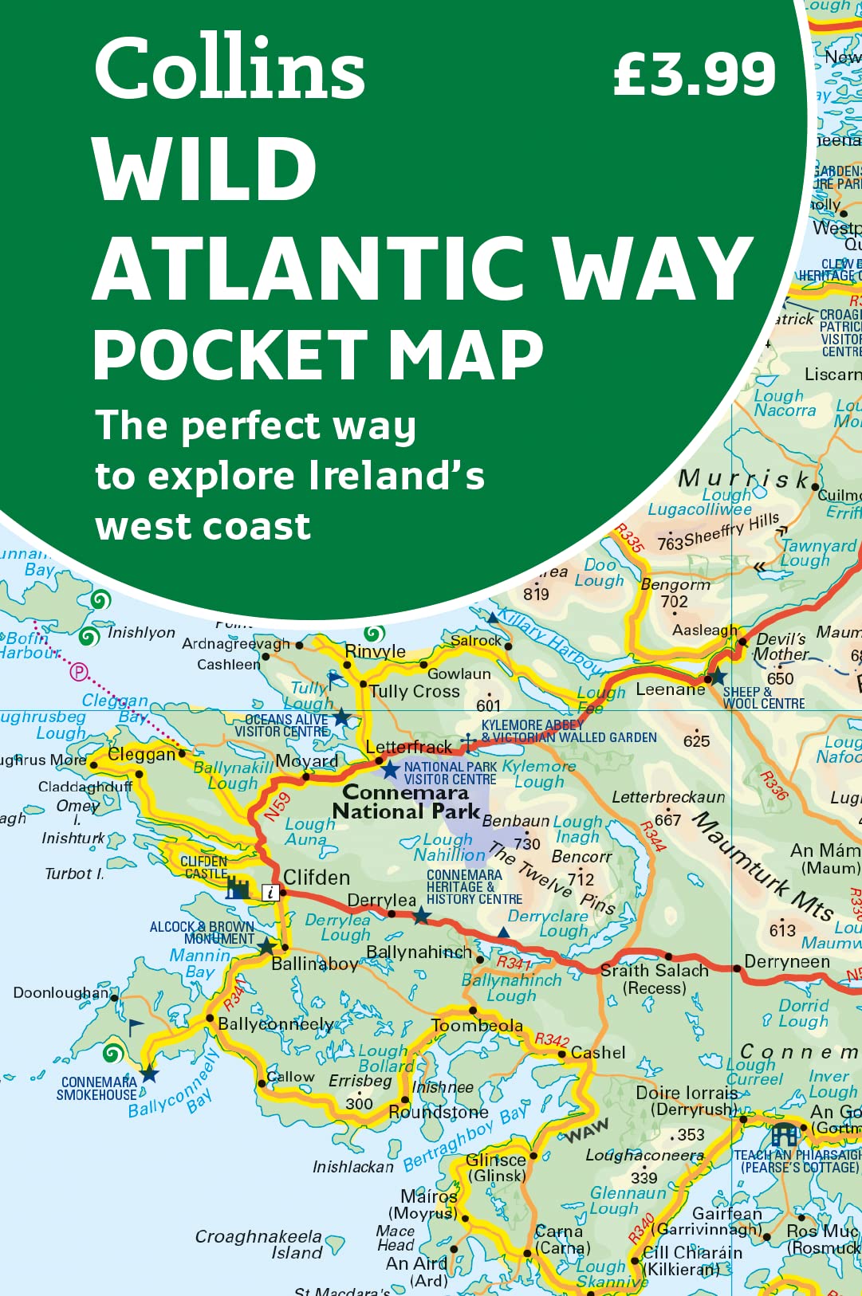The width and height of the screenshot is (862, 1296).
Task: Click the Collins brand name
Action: tap(230, 69)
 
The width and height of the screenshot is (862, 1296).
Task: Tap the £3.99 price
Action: tap(694, 74)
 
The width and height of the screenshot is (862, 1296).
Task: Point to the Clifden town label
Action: tap(317, 878)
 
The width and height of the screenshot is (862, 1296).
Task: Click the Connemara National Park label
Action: tap(406, 802)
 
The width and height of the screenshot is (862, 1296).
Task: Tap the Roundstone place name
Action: tap(439, 1112)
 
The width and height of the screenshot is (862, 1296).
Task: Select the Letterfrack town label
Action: tap(408, 747)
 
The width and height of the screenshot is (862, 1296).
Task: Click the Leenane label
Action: tap(670, 689)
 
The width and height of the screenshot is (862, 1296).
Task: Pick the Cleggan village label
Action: tap(142, 754)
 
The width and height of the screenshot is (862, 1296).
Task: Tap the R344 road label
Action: tap(653, 836)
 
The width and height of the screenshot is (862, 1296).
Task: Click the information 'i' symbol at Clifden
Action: tap(271, 893)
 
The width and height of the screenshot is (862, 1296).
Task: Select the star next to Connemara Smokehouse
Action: tap(150, 1074)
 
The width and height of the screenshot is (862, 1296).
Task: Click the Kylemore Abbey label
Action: tap(533, 725)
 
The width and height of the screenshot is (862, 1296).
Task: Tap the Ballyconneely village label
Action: tap(276, 1023)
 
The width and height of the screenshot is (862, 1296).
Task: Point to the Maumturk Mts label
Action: tap(762, 865)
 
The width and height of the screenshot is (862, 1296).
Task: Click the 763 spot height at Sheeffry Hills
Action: tap(671, 543)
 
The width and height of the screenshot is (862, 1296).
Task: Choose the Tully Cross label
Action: tap(414, 691)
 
